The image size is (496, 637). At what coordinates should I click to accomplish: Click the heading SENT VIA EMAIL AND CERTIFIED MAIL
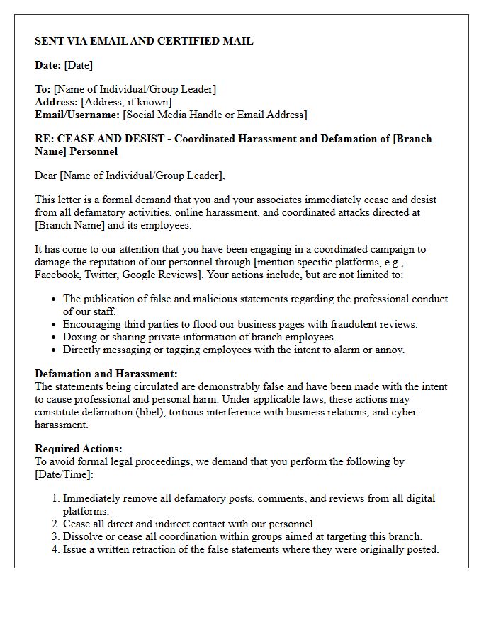(x=144, y=41)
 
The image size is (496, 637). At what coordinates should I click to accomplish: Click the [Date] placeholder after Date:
(x=79, y=65)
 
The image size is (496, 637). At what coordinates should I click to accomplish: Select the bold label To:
(x=43, y=89)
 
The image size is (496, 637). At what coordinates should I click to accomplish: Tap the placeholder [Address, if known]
(x=126, y=102)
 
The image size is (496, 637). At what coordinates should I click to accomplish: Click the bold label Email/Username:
(x=77, y=115)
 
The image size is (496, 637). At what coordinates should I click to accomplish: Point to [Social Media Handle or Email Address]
(x=215, y=115)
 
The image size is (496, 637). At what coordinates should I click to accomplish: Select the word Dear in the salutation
(x=46, y=176)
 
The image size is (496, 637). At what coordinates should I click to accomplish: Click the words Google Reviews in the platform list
(x=162, y=275)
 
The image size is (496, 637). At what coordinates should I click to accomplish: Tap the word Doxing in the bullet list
(x=79, y=337)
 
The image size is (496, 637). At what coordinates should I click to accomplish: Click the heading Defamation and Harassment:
(x=106, y=374)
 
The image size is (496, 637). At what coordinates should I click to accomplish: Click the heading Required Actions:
(x=79, y=449)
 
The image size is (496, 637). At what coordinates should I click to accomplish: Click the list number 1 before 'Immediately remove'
(x=56, y=498)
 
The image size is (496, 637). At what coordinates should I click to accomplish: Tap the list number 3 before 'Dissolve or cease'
(x=56, y=536)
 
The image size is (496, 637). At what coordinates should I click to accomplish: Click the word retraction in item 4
(x=176, y=549)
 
